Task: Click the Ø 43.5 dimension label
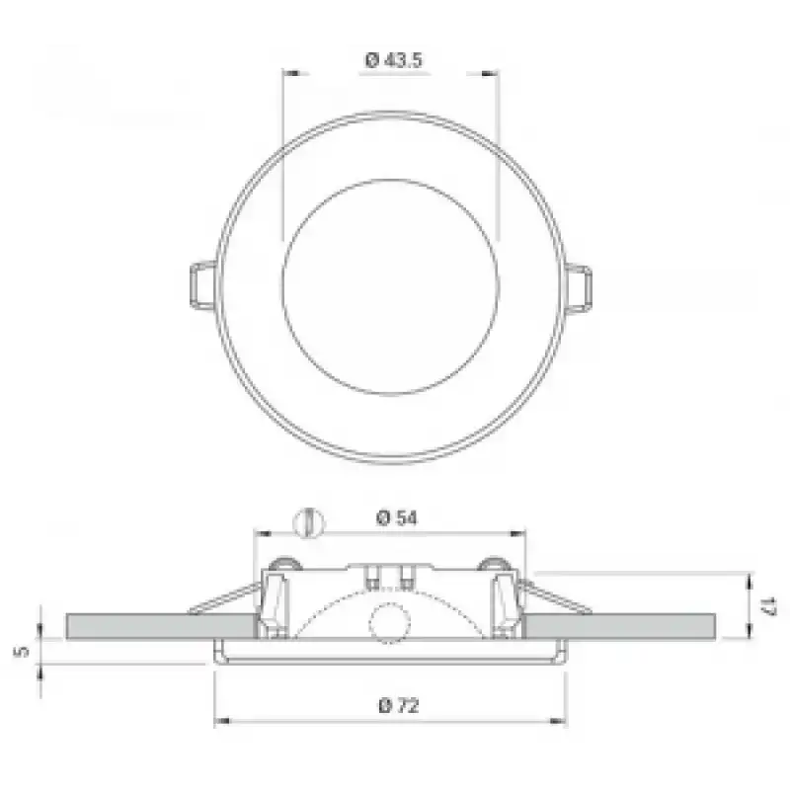[x=393, y=60]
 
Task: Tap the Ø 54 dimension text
[x=397, y=517]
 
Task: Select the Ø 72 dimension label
[x=399, y=705]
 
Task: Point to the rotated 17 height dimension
[x=770, y=606]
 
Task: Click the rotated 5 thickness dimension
[x=22, y=651]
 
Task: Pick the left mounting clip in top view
[x=203, y=284]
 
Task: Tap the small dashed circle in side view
[x=389, y=623]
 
